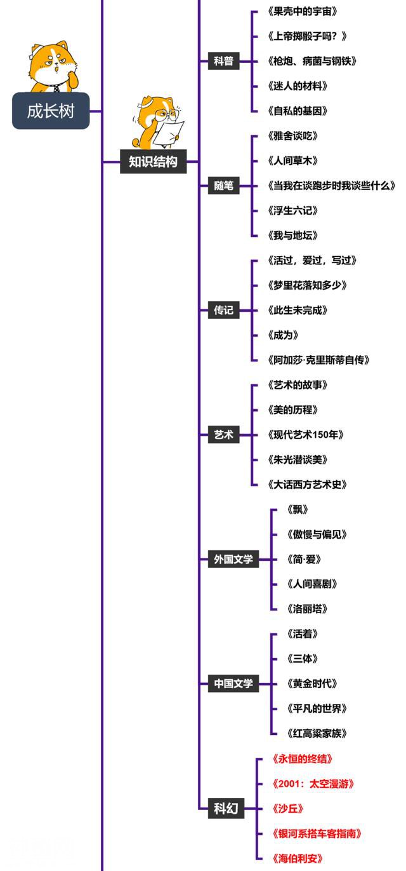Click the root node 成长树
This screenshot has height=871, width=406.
tap(51, 111)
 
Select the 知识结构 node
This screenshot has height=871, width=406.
tap(153, 161)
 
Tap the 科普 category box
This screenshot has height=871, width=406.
tap(223, 61)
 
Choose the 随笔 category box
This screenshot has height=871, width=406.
tap(223, 186)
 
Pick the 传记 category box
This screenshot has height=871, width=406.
tap(223, 310)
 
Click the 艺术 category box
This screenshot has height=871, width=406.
tap(223, 435)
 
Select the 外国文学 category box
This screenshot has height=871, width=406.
tap(233, 559)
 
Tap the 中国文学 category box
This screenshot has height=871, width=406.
tap(233, 684)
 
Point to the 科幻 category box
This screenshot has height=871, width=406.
tap(225, 808)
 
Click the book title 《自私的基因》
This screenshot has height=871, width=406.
tap(298, 111)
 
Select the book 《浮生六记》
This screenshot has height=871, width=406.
tap(292, 210)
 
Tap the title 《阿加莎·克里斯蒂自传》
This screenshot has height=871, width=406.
tap(318, 360)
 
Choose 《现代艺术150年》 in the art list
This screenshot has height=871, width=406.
tap(306, 435)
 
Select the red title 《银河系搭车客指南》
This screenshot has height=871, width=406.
tap(316, 833)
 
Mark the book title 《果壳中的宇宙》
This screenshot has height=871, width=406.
tap(302, 11)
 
